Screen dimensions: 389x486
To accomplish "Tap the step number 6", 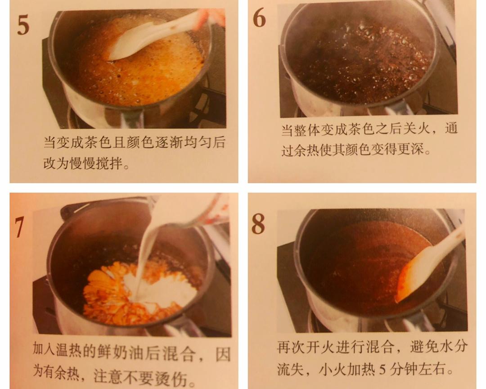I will (x=259, y=18).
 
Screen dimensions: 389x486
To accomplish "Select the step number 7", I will (x=19, y=227).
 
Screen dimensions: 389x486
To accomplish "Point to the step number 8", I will (x=258, y=224).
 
